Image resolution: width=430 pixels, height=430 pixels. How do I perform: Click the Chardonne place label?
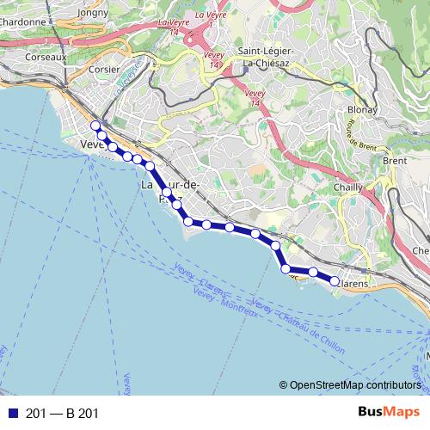pos(24,22)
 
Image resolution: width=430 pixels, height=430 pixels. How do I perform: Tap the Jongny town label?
pos(93,13)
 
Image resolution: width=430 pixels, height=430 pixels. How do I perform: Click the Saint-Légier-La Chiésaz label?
pos(265,57)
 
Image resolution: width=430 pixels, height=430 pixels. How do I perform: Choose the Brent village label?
pos(395,161)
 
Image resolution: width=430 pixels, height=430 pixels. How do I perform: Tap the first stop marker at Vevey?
pos(95,126)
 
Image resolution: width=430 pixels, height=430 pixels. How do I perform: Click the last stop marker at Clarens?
pos(335,280)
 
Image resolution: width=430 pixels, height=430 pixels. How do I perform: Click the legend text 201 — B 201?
pos(62,414)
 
